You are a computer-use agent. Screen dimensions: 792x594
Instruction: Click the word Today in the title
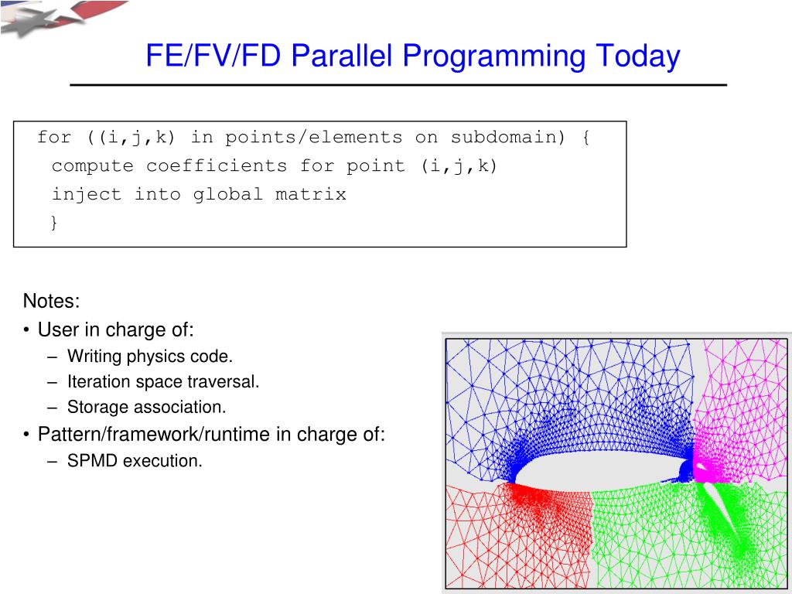[638, 56]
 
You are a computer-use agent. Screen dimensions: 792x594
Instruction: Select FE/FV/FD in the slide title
[213, 55]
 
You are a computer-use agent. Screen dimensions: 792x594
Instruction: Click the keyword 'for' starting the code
[54, 137]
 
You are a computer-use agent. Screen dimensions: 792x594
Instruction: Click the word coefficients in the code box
[217, 166]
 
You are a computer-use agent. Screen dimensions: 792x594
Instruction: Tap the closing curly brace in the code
[54, 222]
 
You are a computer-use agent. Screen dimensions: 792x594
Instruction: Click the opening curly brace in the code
[585, 137]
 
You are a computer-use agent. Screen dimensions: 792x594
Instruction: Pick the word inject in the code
[87, 194]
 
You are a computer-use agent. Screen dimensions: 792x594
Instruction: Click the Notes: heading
[52, 301]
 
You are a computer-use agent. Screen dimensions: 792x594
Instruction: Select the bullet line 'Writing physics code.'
[150, 357]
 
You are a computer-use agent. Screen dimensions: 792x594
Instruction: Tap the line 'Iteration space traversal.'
[163, 382]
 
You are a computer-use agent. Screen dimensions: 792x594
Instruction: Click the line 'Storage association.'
[146, 407]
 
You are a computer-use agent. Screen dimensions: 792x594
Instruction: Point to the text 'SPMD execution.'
[135, 461]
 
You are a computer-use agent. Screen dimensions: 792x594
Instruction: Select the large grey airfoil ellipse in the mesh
[601, 468]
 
